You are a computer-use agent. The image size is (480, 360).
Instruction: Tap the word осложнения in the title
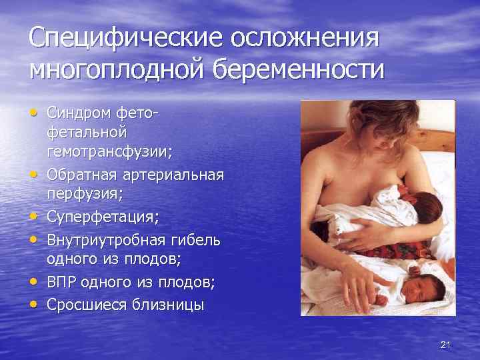pyautogui.click(x=304, y=37)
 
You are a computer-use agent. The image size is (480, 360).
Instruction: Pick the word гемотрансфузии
pyautogui.click(x=109, y=151)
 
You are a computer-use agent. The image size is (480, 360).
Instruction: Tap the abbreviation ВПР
pyautogui.click(x=62, y=283)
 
